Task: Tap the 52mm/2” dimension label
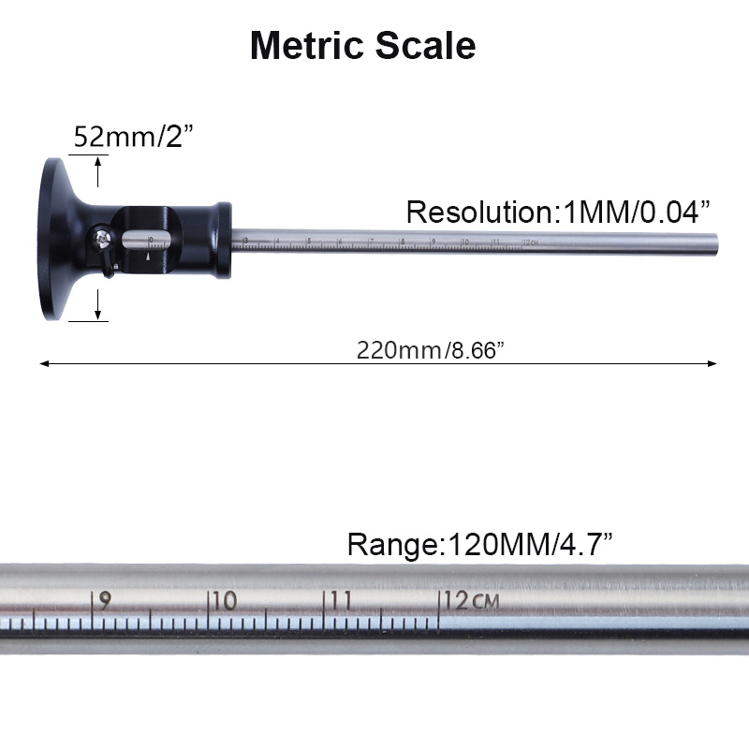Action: (133, 138)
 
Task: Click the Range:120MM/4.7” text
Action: (480, 543)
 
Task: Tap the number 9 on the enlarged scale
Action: (104, 601)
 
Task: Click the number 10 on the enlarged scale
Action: (224, 601)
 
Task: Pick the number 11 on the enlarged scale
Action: (341, 601)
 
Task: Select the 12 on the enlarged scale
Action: (457, 601)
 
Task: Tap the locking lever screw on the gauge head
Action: (102, 239)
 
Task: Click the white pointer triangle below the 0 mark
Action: (148, 253)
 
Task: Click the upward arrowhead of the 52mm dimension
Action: (98, 161)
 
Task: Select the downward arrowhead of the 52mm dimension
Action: (98, 316)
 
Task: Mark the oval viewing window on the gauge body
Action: (150, 240)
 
